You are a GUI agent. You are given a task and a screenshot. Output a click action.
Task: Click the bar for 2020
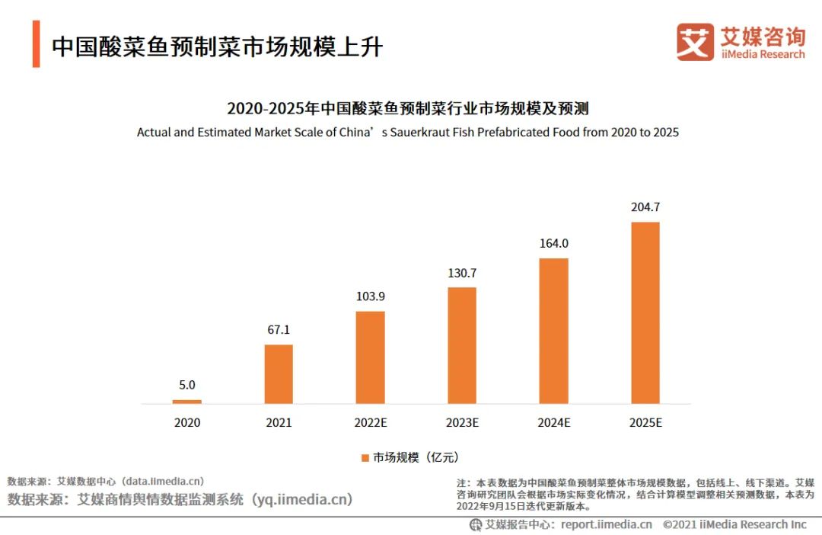tap(187, 402)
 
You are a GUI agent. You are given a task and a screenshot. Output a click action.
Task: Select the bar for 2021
tap(279, 374)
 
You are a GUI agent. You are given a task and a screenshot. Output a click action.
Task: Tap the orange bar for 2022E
tap(370, 357)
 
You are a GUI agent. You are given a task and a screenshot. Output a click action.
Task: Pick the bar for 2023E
tap(462, 345)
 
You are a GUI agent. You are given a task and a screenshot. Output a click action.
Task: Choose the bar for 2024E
tap(553, 331)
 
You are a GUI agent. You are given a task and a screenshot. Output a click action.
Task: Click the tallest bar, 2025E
tap(645, 312)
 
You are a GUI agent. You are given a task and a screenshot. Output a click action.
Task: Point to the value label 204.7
tap(645, 207)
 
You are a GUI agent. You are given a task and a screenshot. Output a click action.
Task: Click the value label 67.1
tap(279, 330)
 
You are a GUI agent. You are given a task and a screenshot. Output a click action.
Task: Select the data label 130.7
tap(462, 273)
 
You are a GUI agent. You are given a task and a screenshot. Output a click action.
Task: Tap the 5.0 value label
tap(187, 385)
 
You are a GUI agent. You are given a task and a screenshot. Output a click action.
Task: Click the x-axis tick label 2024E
tap(553, 422)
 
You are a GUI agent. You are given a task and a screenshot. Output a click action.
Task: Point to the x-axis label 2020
tap(187, 422)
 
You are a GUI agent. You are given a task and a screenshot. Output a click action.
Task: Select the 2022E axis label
tap(370, 422)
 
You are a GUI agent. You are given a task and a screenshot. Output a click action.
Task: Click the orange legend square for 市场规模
tap(365, 457)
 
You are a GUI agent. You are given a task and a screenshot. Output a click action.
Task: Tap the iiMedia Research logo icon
tap(695, 42)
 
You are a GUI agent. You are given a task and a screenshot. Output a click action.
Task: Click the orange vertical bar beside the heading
tap(36, 45)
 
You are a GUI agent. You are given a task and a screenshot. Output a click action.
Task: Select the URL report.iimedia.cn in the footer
tap(607, 524)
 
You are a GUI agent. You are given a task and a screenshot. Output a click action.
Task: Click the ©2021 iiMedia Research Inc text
tap(734, 524)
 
